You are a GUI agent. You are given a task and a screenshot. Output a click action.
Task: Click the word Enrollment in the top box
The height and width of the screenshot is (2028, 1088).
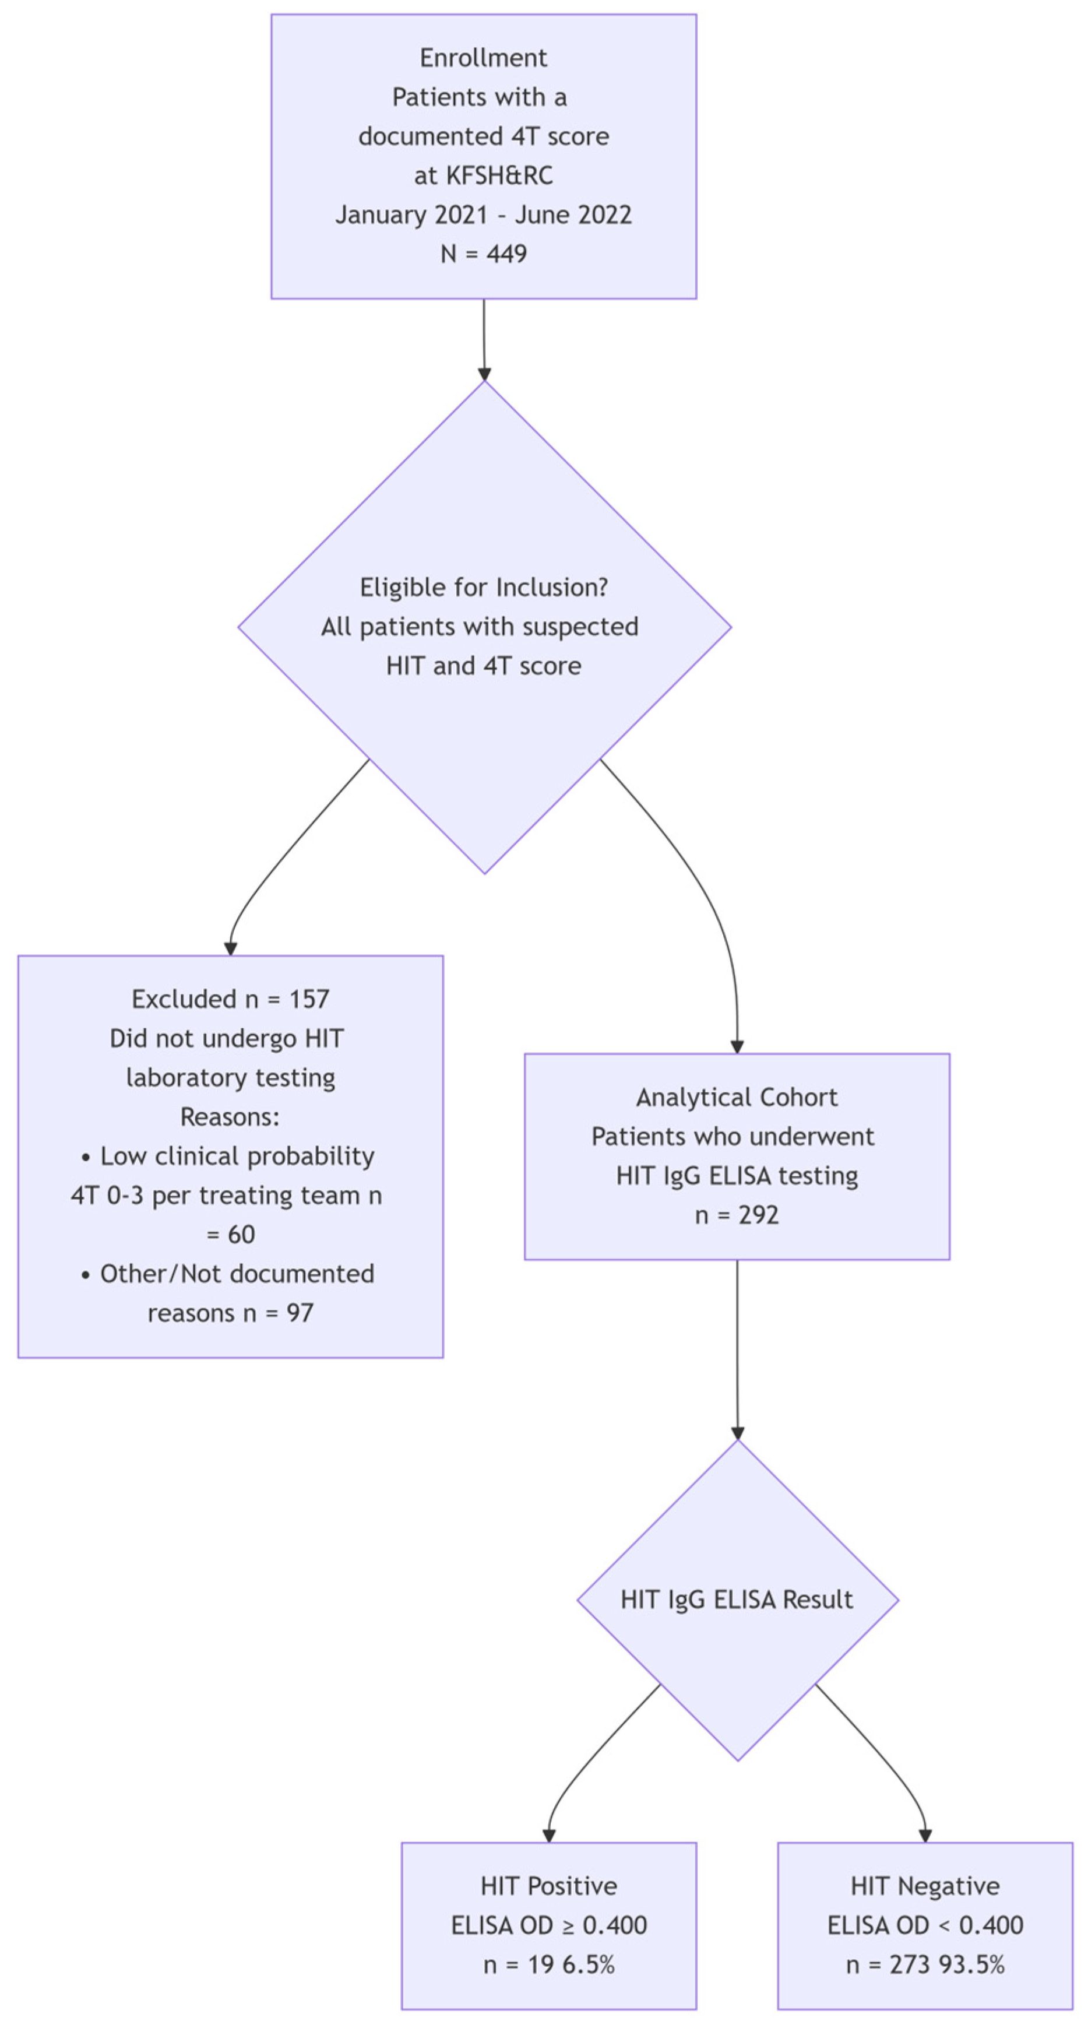pyautogui.click(x=483, y=58)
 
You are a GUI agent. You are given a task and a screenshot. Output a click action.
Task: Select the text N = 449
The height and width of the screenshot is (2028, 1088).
pyautogui.click(x=483, y=254)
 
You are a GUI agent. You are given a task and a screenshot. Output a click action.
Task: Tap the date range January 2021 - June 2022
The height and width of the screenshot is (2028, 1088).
pyautogui.click(x=483, y=214)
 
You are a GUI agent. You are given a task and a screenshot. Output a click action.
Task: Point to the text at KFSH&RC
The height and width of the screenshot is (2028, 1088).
pyautogui.click(x=483, y=175)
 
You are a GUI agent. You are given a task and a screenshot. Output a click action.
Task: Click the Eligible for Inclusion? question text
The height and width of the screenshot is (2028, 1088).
pyautogui.click(x=483, y=588)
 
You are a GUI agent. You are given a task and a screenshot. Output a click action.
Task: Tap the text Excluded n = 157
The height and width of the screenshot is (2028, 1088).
pyautogui.click(x=230, y=999)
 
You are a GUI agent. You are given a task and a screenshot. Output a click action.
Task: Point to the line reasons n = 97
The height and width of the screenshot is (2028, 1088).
pyautogui.click(x=230, y=1312)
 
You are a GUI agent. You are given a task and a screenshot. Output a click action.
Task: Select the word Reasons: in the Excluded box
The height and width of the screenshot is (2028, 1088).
pyautogui.click(x=230, y=1116)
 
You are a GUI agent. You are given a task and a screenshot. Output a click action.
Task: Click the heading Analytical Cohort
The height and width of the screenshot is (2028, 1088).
pyautogui.click(x=737, y=1096)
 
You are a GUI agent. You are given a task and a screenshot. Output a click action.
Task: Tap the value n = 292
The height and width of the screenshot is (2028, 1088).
pyautogui.click(x=737, y=1215)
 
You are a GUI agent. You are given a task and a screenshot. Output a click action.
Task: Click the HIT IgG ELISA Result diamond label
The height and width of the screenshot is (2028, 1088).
pyautogui.click(x=737, y=1600)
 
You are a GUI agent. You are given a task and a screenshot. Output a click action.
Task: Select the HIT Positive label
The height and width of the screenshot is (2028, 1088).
pyautogui.click(x=549, y=1886)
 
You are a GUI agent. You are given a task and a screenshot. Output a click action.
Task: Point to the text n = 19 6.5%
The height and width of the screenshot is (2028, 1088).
pyautogui.click(x=549, y=1964)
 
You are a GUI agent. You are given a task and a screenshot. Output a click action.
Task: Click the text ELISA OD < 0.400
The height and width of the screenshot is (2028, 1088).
pyautogui.click(x=925, y=1925)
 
